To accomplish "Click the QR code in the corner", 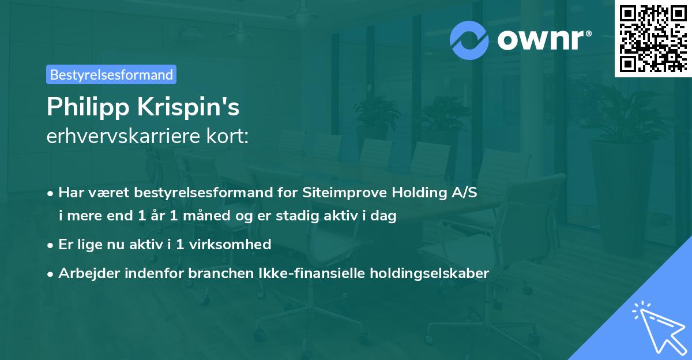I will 653,38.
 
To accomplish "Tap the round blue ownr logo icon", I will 469,40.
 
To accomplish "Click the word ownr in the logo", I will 540,40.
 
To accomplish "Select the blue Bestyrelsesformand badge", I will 111,74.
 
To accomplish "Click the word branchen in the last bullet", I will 214,273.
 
